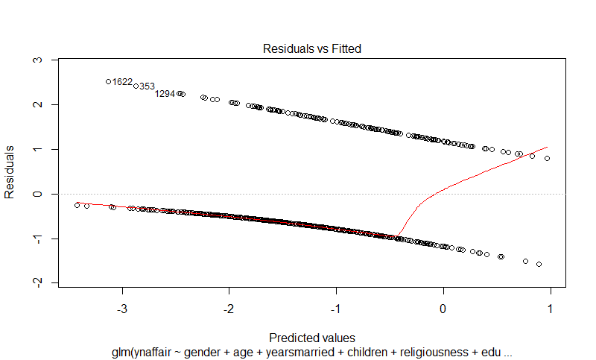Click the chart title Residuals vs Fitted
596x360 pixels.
click(x=311, y=48)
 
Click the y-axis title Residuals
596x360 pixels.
click(x=10, y=171)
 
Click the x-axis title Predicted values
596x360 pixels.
click(x=311, y=337)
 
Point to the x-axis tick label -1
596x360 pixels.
click(x=336, y=308)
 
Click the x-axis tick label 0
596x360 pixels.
click(x=443, y=308)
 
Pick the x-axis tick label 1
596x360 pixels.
click(x=551, y=308)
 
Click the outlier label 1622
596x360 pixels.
click(x=122, y=82)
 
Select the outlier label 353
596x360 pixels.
click(x=147, y=86)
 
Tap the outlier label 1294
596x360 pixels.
click(x=165, y=94)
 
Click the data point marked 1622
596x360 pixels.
click(x=108, y=81)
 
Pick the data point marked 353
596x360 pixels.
click(x=136, y=86)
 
